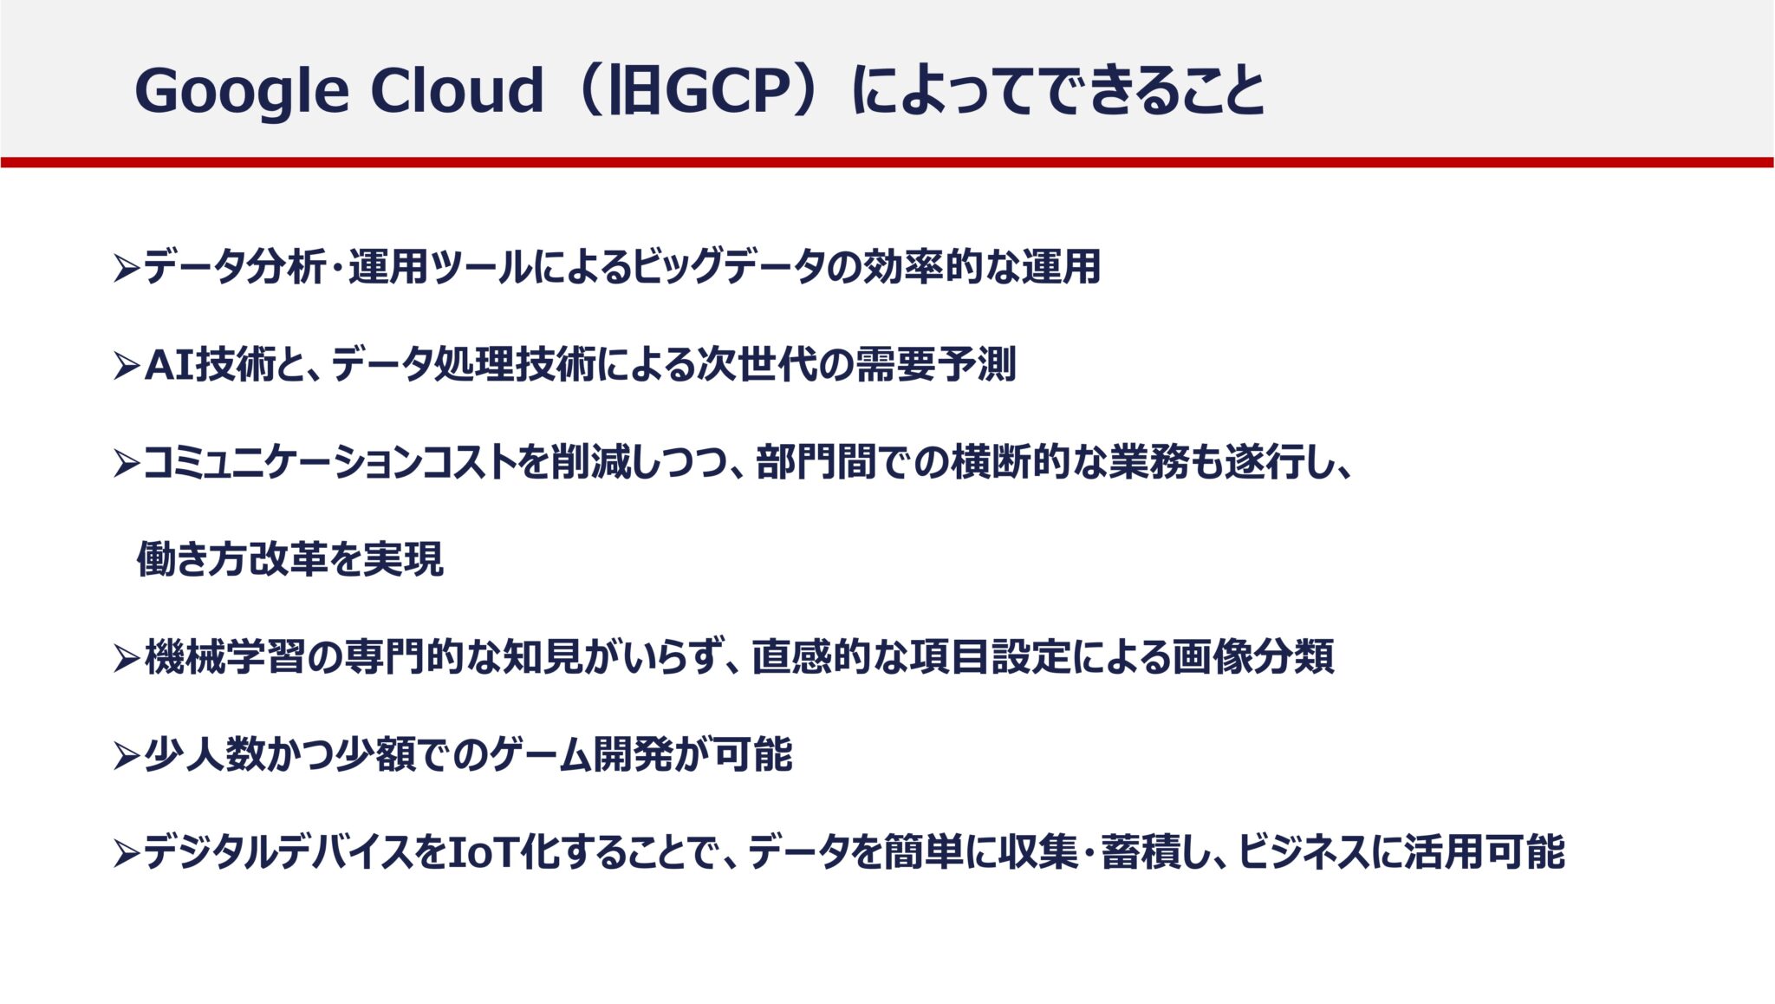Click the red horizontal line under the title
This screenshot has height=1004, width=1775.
[887, 162]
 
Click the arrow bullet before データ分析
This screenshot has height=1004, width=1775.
[126, 269]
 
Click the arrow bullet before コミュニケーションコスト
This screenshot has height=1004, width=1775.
[126, 464]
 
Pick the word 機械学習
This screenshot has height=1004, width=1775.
[224, 658]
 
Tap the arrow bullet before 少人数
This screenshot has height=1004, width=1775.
[126, 757]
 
